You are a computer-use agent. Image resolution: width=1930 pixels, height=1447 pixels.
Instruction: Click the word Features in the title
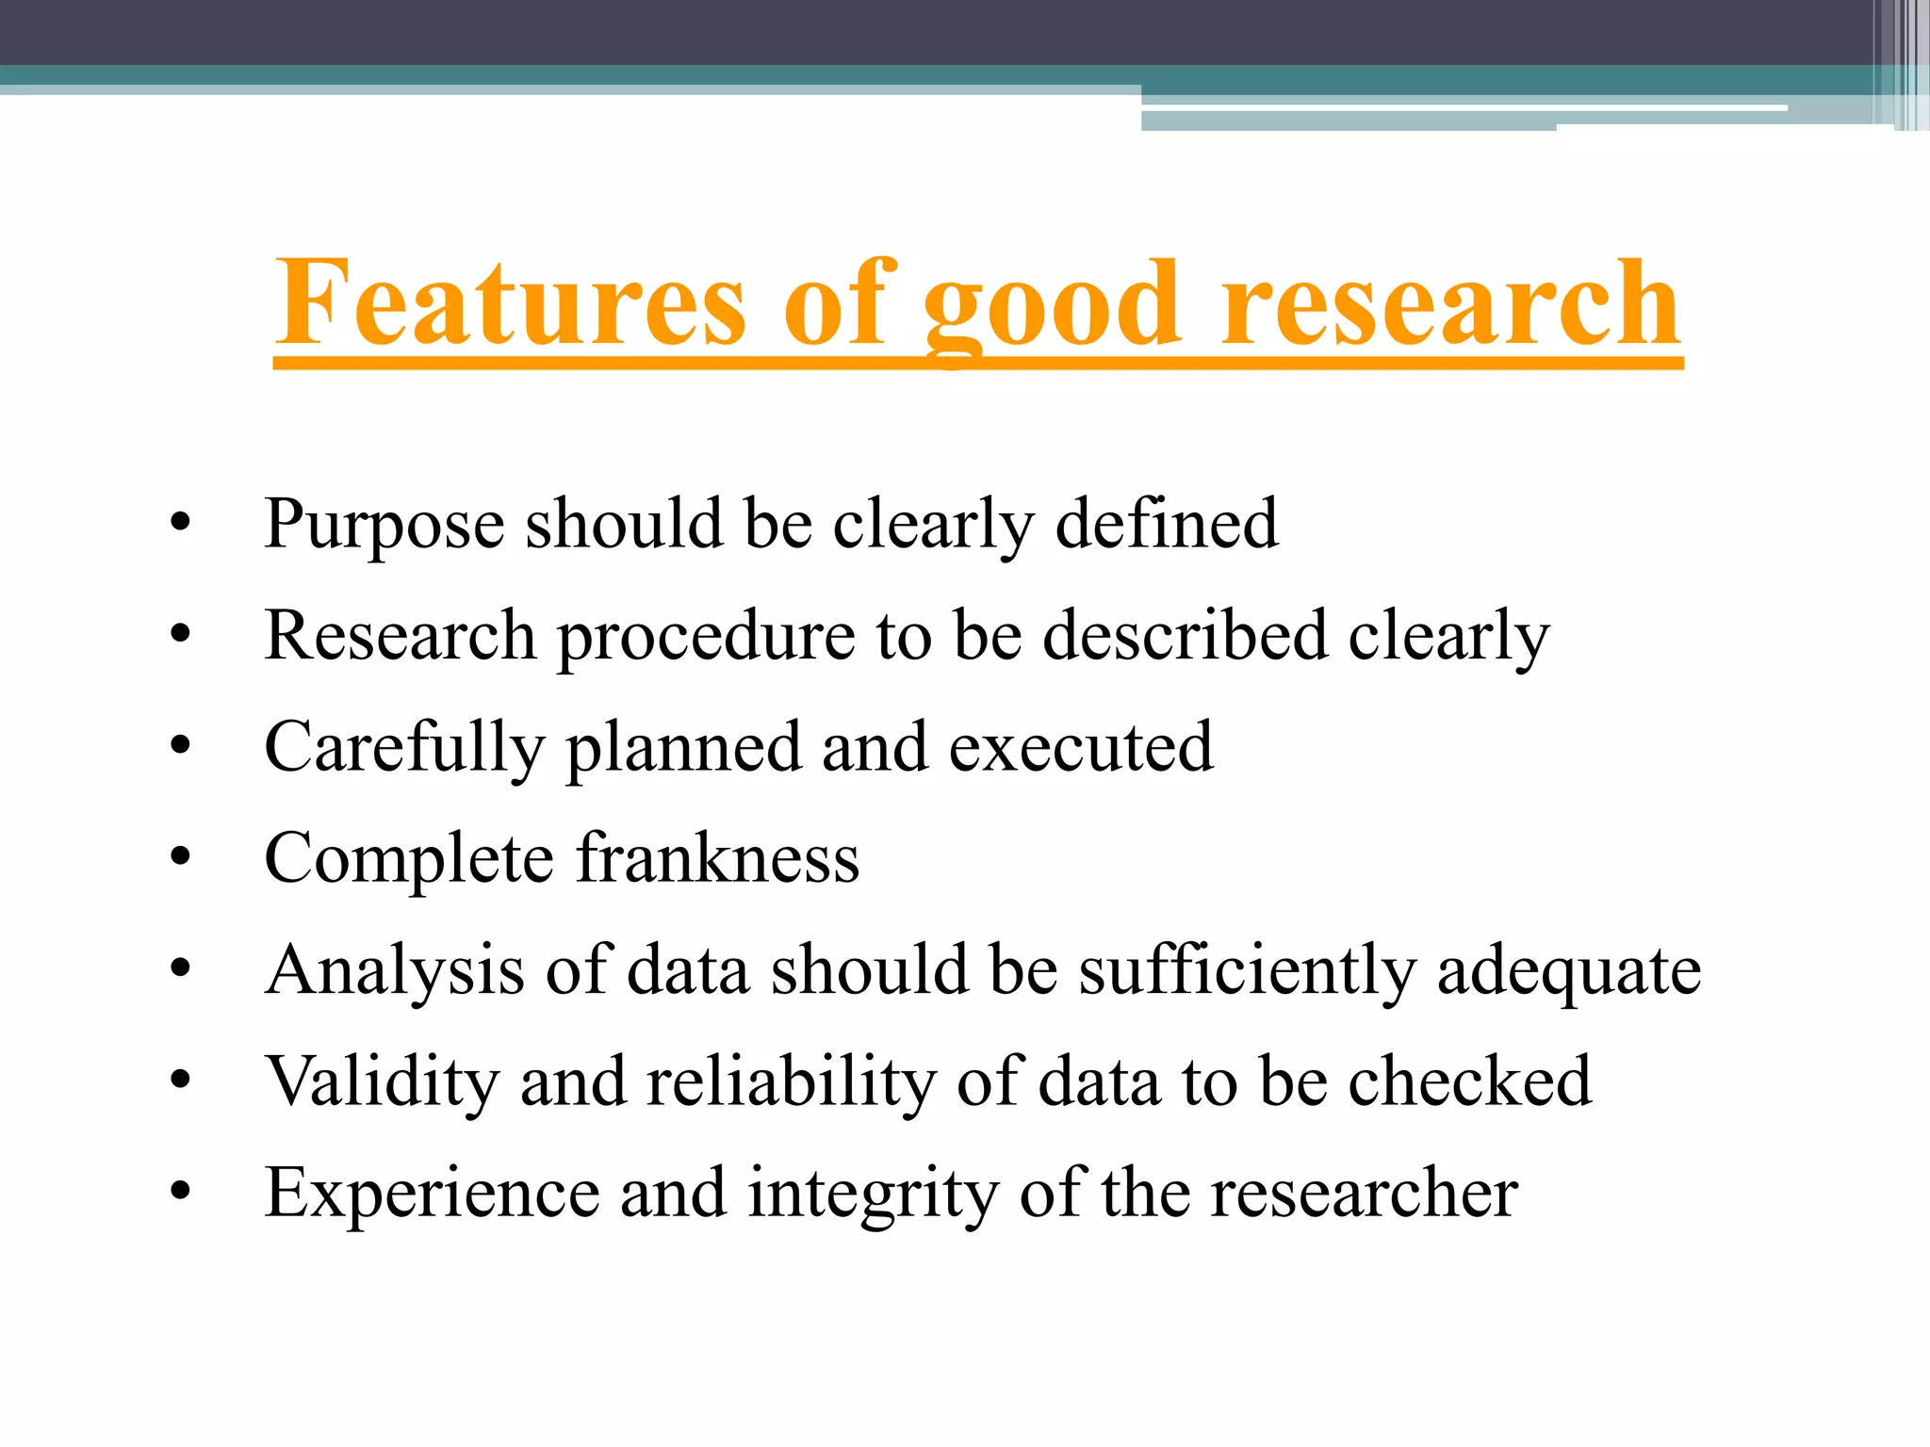[510, 303]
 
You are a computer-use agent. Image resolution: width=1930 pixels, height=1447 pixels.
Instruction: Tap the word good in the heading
[1051, 306]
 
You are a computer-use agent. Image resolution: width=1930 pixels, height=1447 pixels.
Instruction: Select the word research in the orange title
[1450, 303]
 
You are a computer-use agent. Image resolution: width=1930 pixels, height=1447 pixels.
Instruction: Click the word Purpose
[384, 525]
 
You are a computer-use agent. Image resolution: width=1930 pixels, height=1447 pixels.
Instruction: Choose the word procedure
[706, 638]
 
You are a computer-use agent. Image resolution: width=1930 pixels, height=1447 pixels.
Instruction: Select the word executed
[1081, 747]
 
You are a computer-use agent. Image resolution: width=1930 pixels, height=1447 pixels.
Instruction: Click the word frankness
[718, 858]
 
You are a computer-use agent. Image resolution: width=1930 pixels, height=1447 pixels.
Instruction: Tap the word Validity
[382, 1081]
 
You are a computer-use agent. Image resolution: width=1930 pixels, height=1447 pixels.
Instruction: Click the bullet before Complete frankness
[181, 857]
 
